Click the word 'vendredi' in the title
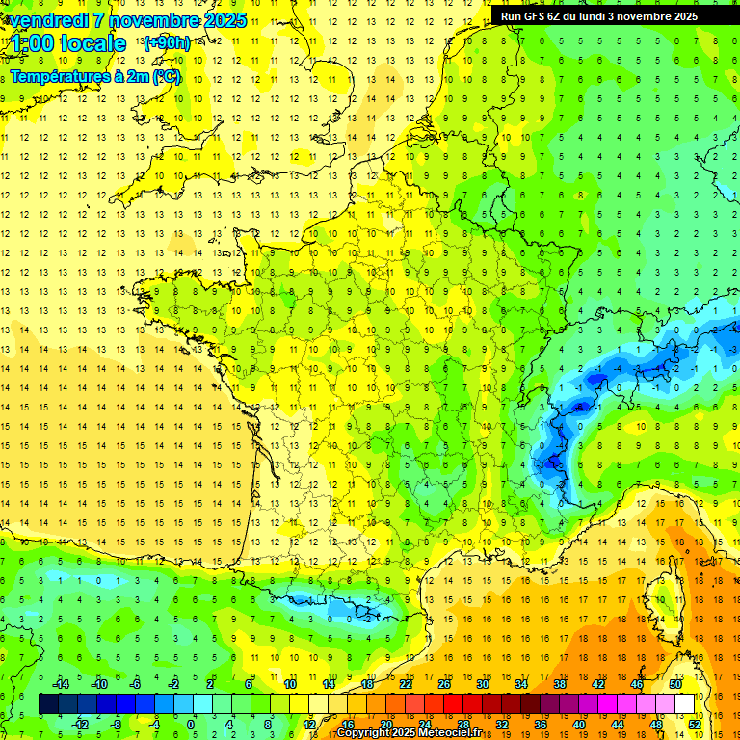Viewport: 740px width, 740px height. (47, 20)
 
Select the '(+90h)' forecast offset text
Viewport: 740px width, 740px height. (166, 43)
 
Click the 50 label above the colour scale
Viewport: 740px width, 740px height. (675, 684)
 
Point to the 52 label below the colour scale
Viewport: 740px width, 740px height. (695, 724)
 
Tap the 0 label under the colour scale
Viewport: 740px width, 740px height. (191, 724)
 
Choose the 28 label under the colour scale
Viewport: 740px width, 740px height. (463, 724)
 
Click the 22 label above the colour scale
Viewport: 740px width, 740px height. (406, 684)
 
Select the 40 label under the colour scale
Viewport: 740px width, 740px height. (579, 724)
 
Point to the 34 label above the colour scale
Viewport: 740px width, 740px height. (521, 684)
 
